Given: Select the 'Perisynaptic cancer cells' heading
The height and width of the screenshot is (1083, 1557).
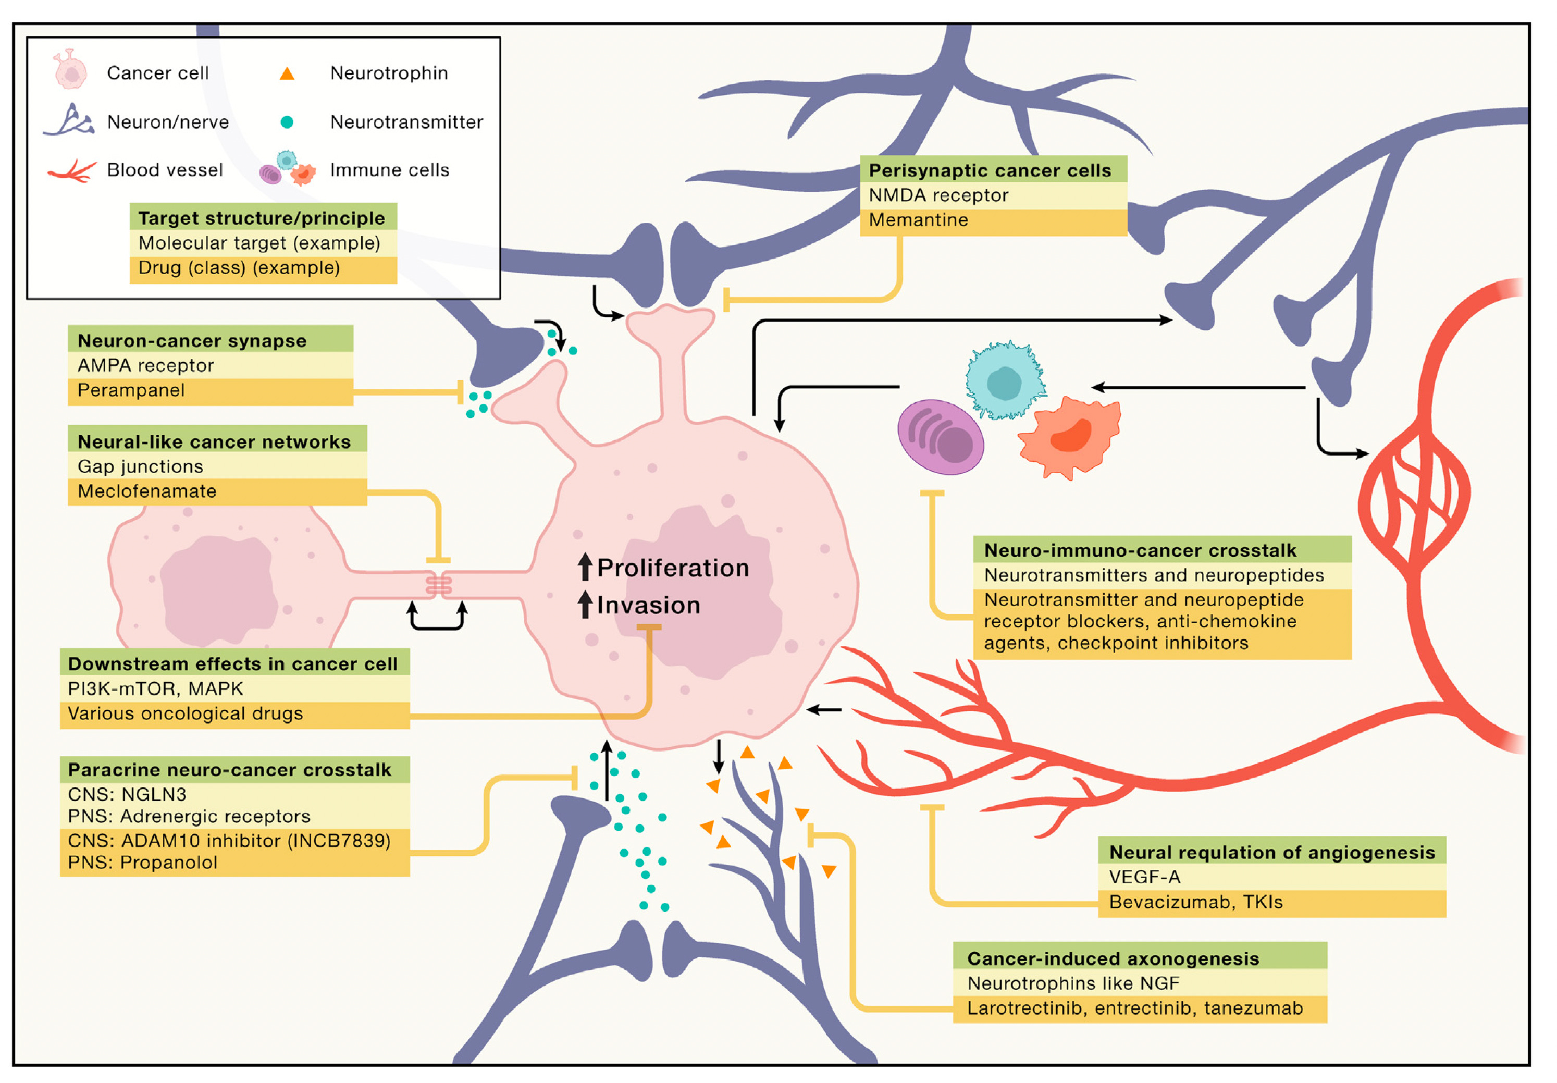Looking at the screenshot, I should pyautogui.click(x=990, y=170).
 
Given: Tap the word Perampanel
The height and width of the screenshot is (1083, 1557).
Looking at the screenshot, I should pyautogui.click(x=131, y=390).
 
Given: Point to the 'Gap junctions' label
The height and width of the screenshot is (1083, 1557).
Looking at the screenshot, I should pyautogui.click(x=140, y=466).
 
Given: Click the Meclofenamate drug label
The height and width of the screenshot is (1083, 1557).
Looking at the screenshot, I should pyautogui.click(x=147, y=491).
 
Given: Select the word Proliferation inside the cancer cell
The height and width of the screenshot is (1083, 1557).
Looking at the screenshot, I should pyautogui.click(x=673, y=568).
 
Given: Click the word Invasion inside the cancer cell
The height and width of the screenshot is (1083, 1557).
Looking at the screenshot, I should pyautogui.click(x=648, y=605).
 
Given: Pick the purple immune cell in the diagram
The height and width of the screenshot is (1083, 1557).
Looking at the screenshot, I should pyautogui.click(x=941, y=437).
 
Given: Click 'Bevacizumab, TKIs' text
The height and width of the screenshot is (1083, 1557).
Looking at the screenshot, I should pyautogui.click(x=1195, y=902).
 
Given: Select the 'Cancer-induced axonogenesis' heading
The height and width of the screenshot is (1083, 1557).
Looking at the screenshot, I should pyautogui.click(x=1113, y=958).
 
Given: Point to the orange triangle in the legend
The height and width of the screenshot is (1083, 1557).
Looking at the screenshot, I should pyautogui.click(x=287, y=74).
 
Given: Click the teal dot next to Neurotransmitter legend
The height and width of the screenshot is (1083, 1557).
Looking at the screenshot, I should pyautogui.click(x=287, y=122).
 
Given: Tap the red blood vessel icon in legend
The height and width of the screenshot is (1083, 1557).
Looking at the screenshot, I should pyautogui.click(x=72, y=171).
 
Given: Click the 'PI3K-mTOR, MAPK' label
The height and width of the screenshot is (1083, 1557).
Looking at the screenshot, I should pyautogui.click(x=155, y=688).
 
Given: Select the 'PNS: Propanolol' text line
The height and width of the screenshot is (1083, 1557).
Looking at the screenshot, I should pyautogui.click(x=142, y=863).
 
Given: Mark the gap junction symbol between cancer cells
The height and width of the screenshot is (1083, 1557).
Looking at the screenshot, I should pyautogui.click(x=438, y=585).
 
